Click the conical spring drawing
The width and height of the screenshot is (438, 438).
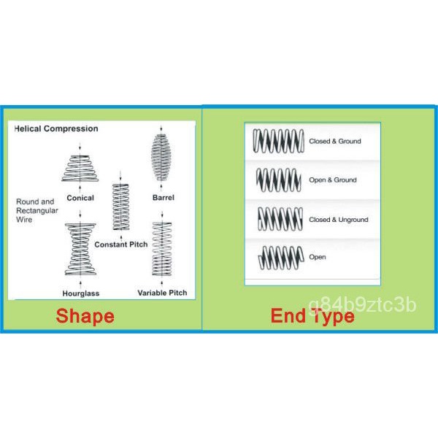pos(80,169)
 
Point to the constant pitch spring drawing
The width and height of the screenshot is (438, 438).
pos(120,207)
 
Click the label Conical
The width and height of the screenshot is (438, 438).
pos(80,197)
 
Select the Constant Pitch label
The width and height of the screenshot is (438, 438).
pos(121,244)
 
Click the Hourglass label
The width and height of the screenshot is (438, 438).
pos(80,293)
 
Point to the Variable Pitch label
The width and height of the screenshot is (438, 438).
pos(162,293)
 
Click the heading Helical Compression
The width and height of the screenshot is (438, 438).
pos(56,128)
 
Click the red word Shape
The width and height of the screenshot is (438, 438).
pos(85,316)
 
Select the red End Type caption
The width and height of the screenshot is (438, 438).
pos(312,316)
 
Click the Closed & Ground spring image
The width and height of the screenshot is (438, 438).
pos(278,140)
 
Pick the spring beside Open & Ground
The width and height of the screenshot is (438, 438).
pos(278,179)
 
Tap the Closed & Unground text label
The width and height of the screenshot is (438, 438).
pos(338,219)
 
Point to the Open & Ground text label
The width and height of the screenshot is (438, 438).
pos(333,180)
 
